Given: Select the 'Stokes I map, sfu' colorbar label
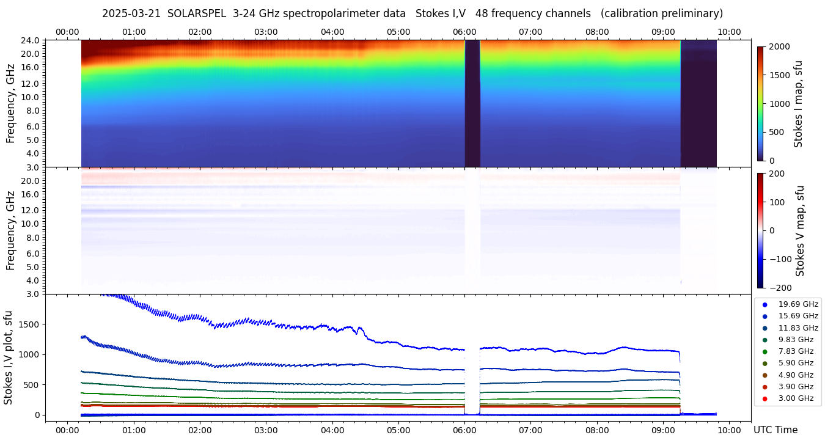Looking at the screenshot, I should coord(798,103).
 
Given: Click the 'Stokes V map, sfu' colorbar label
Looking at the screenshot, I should coord(800,231).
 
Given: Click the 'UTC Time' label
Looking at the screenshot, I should coord(775,430).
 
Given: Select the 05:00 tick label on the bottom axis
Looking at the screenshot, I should coord(398,430).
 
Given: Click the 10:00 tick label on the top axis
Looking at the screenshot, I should coord(729,32).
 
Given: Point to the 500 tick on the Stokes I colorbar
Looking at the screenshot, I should coord(776,132).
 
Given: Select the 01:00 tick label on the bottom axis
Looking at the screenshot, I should coord(133,430).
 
